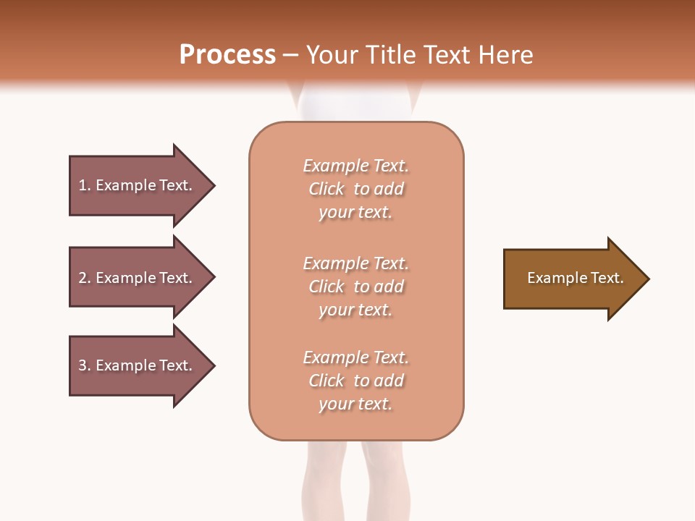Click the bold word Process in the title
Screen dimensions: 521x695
[227, 55]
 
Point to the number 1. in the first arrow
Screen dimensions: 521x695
[85, 185]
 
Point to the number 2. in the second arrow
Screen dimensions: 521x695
[85, 278]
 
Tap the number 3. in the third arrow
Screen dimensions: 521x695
[85, 365]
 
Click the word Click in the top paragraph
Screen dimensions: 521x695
[327, 190]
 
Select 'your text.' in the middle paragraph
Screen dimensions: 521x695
[355, 310]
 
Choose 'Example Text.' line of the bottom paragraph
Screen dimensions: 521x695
[355, 357]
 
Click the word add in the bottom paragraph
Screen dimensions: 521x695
[389, 381]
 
